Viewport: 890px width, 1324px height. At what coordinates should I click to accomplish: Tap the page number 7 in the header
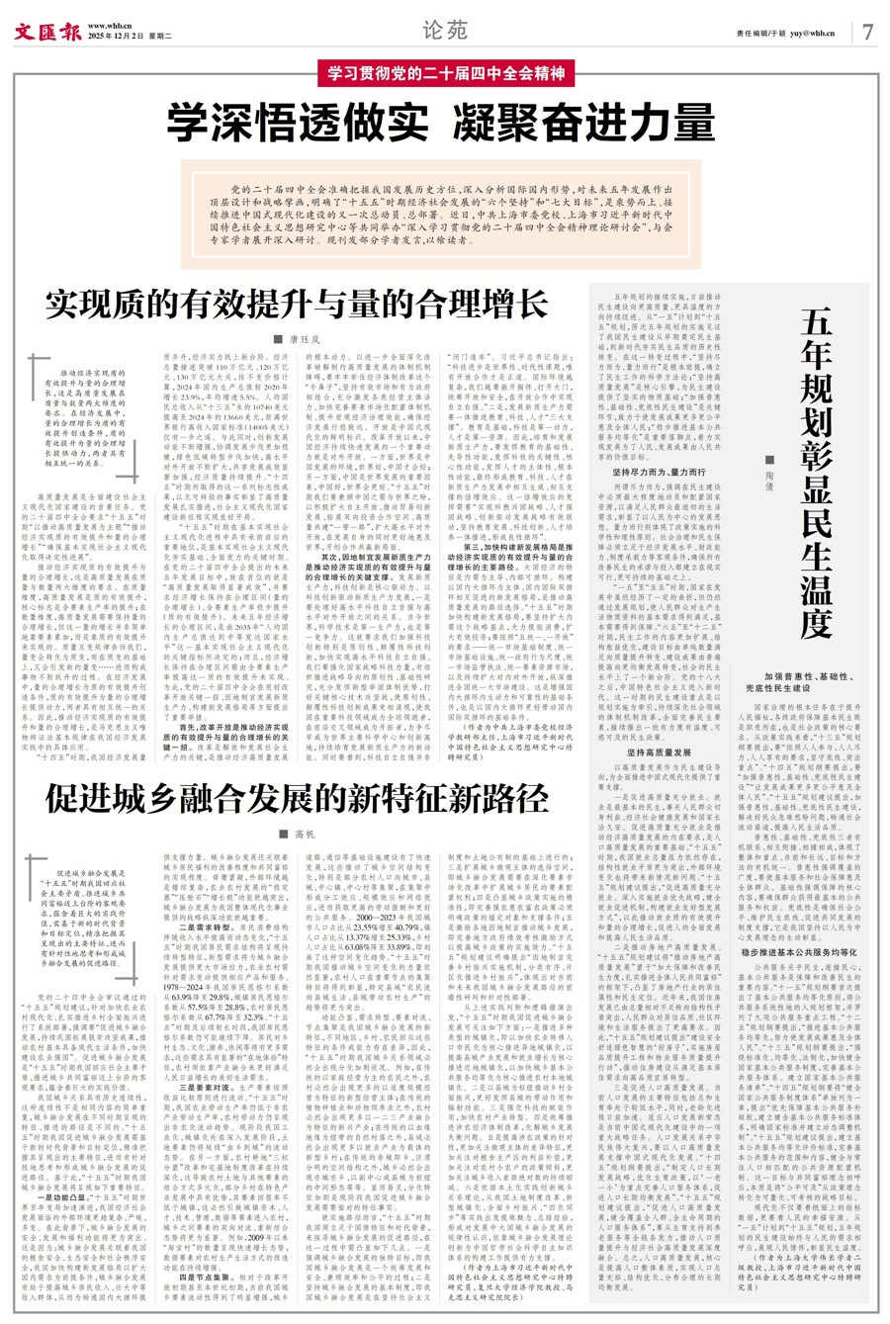866,31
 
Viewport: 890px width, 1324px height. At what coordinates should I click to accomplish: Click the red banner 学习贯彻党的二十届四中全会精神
444,73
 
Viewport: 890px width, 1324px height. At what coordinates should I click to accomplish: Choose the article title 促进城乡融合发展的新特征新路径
296,798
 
